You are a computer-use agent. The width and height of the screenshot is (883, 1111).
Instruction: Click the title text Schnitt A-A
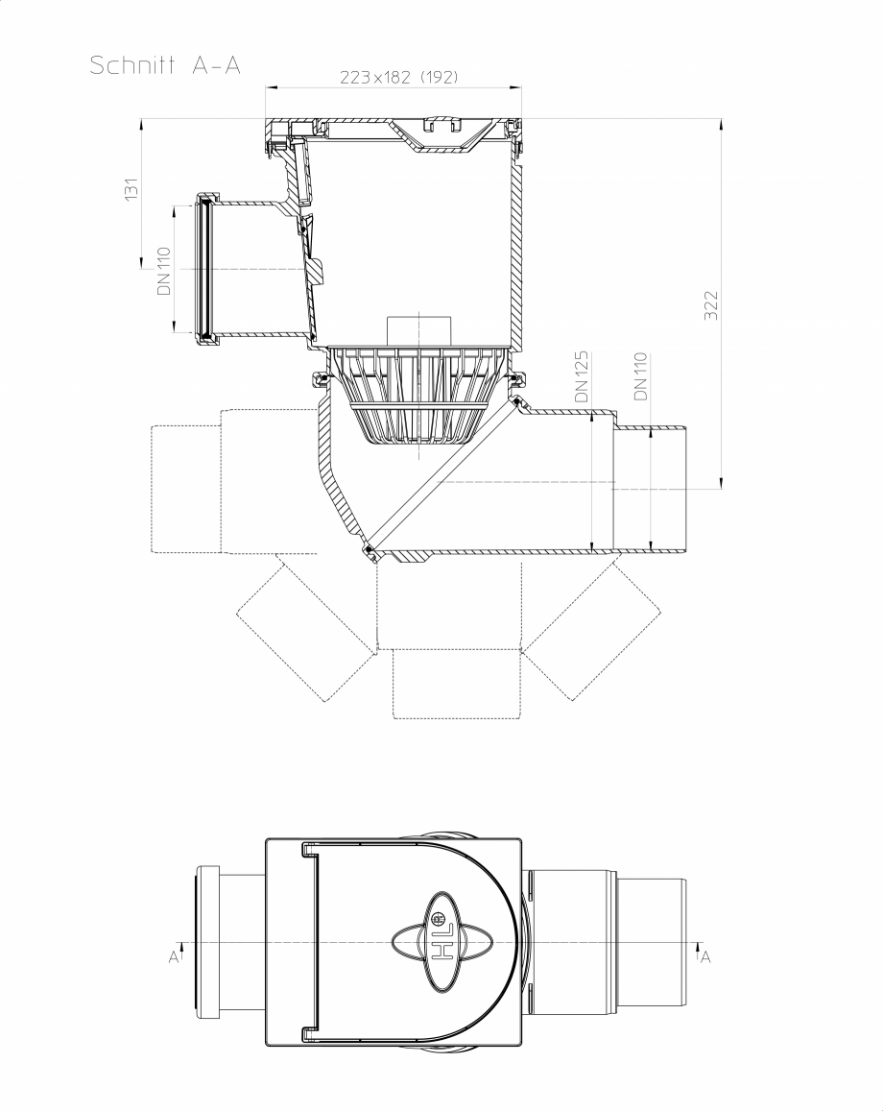(x=165, y=66)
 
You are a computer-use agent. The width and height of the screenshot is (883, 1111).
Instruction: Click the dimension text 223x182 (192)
(x=398, y=78)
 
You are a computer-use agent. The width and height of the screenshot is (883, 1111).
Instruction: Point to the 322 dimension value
(x=711, y=304)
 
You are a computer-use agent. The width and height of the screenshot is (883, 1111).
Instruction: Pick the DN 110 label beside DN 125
(x=640, y=376)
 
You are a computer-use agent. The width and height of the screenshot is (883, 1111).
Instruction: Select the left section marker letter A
(x=174, y=956)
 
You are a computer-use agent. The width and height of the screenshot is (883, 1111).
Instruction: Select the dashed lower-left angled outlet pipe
(x=305, y=634)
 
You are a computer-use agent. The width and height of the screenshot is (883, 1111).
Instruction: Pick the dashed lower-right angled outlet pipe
(x=590, y=634)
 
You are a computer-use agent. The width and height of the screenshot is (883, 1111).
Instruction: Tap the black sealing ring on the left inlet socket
(x=203, y=269)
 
